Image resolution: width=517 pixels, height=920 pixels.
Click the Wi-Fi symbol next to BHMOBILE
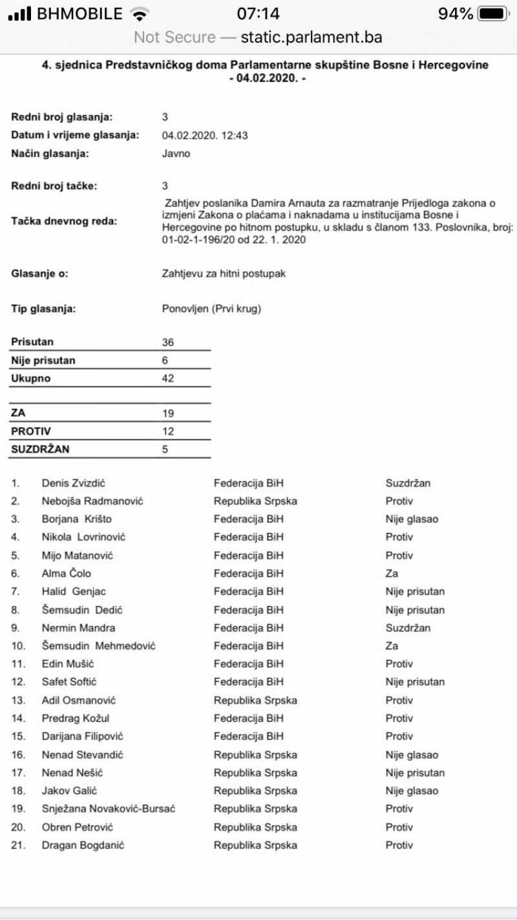tap(138, 14)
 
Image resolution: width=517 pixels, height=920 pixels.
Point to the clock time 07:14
tap(258, 14)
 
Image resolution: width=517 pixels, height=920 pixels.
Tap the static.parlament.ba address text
tap(311, 37)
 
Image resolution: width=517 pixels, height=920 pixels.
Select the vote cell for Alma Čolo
tap(392, 573)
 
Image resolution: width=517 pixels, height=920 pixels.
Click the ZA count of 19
tap(168, 413)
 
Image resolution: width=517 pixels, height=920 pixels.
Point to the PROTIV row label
tap(31, 431)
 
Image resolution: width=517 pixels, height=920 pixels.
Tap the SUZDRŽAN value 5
tap(165, 448)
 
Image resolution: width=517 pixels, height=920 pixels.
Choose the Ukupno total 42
tap(168, 378)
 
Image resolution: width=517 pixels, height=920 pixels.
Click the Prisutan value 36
tap(168, 342)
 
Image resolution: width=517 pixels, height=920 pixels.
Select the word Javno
tap(176, 154)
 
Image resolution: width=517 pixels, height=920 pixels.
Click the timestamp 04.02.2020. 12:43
tap(205, 135)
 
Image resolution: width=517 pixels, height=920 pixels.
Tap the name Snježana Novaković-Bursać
tap(109, 809)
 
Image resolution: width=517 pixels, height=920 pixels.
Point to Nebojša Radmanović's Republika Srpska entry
tap(255, 501)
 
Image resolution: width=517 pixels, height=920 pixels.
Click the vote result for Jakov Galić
tap(412, 791)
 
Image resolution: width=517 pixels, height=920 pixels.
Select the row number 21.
tap(17, 845)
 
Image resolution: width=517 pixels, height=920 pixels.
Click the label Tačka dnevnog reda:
tap(64, 221)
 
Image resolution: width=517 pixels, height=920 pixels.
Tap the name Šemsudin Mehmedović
tap(98, 646)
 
